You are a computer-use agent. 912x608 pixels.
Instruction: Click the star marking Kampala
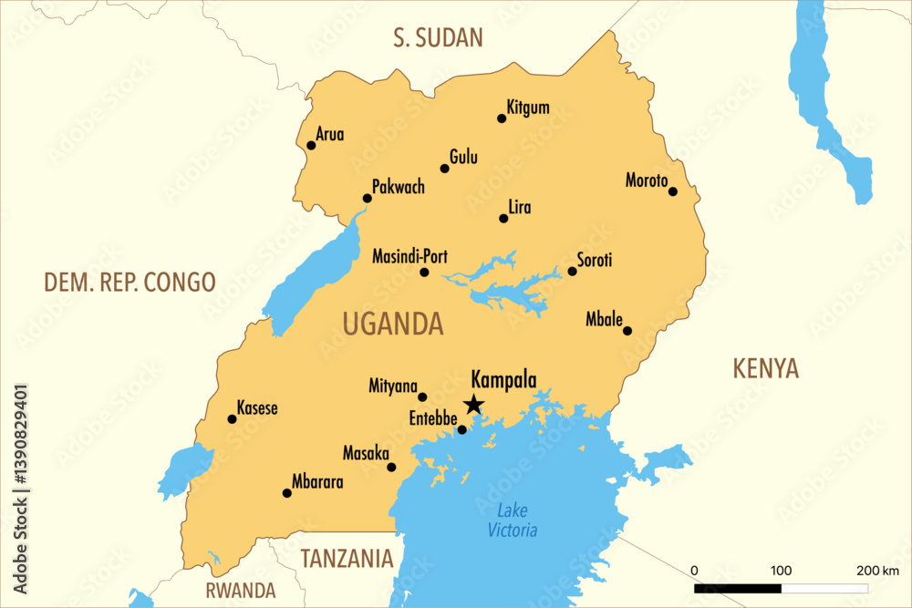tap(473, 404)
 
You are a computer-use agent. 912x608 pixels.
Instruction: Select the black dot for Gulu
tap(445, 168)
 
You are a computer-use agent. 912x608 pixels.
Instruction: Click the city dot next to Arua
tap(311, 145)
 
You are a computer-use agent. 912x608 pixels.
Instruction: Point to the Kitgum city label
tap(528, 108)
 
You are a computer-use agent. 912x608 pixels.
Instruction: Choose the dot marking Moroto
tap(673, 191)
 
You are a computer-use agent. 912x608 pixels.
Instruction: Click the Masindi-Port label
tap(409, 257)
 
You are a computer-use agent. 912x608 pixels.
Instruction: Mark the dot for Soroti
tap(573, 271)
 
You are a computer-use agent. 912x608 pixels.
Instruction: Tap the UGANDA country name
tap(392, 324)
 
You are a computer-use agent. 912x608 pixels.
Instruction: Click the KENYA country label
tap(766, 369)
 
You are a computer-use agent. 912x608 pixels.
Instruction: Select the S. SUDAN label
tap(438, 37)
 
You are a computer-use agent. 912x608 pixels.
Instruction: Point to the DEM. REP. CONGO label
tap(130, 282)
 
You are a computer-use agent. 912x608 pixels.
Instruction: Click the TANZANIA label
tap(347, 558)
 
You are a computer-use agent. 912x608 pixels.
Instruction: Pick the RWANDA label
tap(240, 590)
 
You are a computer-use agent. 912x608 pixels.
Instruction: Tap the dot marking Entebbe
tap(461, 430)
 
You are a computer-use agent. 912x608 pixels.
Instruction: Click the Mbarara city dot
tap(287, 493)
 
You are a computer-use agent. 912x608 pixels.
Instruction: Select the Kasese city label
tap(257, 408)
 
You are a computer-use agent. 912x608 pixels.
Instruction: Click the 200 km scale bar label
tap(877, 571)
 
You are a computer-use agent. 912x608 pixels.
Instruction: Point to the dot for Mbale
tap(627, 331)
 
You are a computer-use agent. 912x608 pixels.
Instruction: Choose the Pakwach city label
tap(399, 187)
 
